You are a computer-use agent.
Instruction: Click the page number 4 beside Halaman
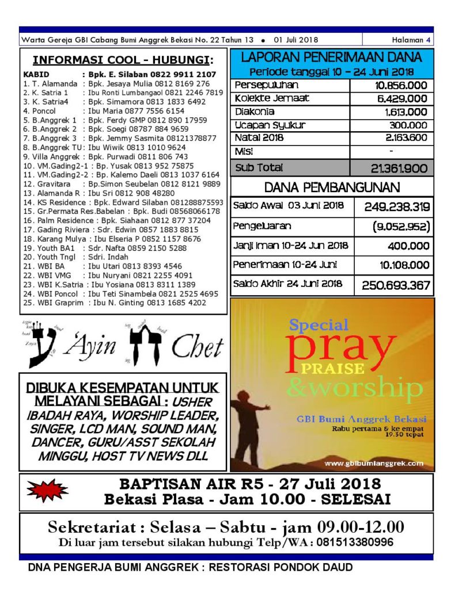428,40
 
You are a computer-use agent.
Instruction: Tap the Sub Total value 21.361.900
400,168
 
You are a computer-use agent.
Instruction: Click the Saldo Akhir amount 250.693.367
396,284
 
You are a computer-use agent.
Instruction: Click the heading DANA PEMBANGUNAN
332,188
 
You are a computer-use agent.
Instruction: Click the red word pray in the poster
341,345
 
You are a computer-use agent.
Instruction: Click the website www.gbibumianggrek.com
373,463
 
